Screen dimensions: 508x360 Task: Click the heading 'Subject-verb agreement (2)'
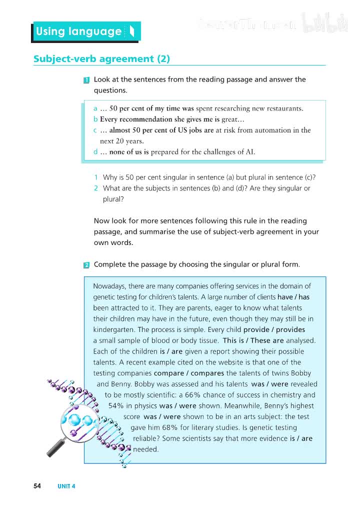(x=101, y=59)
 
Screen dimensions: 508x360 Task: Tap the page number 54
(x=37, y=485)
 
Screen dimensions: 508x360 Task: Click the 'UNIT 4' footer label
(x=66, y=486)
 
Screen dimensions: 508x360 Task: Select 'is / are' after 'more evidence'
(x=301, y=438)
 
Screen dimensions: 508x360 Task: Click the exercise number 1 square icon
(x=86, y=80)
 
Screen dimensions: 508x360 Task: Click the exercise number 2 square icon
(x=86, y=265)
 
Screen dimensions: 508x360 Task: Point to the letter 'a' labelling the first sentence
(x=95, y=108)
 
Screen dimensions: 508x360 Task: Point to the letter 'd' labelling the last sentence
(x=95, y=152)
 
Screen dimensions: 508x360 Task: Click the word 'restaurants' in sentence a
(x=283, y=108)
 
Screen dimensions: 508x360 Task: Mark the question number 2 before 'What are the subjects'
(x=95, y=188)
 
